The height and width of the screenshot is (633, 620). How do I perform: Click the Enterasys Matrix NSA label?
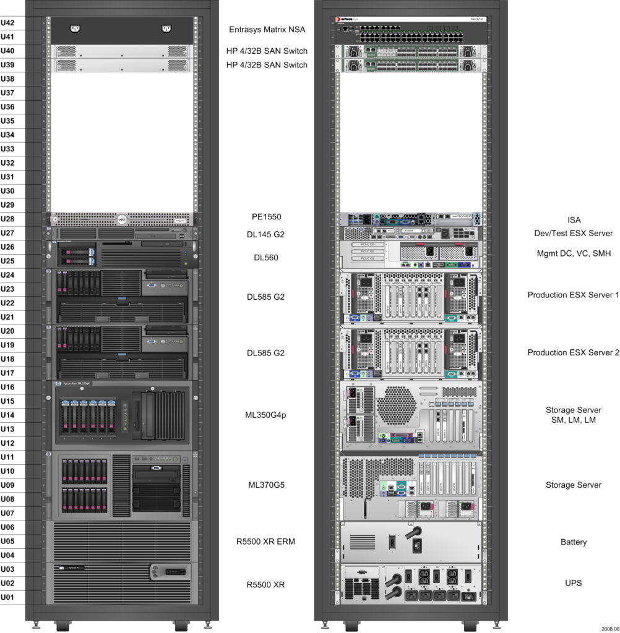tap(267, 29)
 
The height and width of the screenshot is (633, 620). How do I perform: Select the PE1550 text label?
tap(266, 217)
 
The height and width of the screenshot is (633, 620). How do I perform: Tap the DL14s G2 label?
tap(265, 234)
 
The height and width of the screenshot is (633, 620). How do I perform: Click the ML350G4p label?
tap(265, 415)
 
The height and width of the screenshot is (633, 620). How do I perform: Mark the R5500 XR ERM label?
tap(265, 542)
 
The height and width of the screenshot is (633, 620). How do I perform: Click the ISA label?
tap(574, 219)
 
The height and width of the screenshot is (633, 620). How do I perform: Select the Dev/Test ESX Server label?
tap(574, 233)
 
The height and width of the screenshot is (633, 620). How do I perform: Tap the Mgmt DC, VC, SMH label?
tap(574, 253)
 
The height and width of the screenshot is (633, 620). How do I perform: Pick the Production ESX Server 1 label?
tap(573, 295)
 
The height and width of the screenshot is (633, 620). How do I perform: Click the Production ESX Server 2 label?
tap(573, 352)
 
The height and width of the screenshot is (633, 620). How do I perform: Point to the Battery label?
tap(574, 542)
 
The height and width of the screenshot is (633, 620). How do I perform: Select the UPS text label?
tap(574, 583)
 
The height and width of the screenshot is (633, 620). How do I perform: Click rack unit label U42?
tap(8, 23)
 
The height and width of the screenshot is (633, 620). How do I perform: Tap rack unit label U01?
tap(8, 597)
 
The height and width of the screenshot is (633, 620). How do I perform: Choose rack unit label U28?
tap(8, 219)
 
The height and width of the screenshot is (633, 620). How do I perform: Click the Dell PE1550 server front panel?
tap(121, 218)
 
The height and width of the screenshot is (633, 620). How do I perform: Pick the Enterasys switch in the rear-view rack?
tap(410, 29)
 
